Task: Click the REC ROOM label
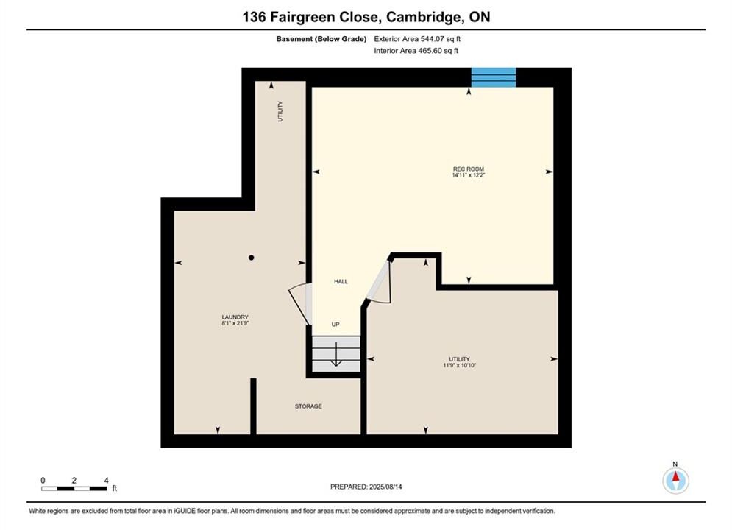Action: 468,169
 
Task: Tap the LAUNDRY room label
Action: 235,317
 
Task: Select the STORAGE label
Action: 308,406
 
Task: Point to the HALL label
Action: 341,282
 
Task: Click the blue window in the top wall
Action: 494,77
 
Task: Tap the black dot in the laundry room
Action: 251,258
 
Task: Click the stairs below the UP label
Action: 336,354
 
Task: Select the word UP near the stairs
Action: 335,325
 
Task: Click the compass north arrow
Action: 675,477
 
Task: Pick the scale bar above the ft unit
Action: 74,489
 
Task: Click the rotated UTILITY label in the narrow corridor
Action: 280,111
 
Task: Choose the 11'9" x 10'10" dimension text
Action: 459,366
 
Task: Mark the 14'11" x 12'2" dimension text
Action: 468,175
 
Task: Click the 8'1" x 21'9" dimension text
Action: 235,323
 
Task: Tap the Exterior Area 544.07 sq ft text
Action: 417,39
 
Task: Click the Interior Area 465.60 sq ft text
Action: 416,51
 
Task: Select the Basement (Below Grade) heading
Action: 321,39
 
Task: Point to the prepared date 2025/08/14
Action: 385,487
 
